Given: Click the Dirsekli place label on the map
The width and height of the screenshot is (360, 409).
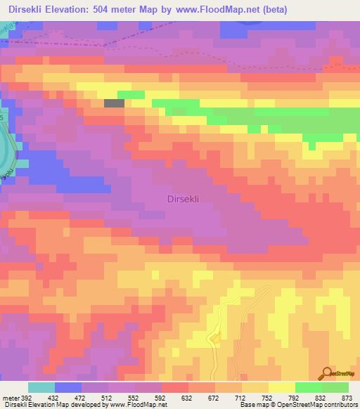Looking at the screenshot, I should coord(184,199).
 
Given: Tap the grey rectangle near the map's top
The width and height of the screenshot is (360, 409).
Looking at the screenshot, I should coord(114,103).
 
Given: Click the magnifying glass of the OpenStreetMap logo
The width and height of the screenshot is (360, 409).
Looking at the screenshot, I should coord(327,373).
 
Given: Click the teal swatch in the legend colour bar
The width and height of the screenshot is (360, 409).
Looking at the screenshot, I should coord(41,387).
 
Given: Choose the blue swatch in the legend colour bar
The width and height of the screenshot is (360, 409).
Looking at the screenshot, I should coord(68,387).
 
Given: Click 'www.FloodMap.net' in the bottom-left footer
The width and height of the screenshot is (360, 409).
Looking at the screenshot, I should coord(138,405).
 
